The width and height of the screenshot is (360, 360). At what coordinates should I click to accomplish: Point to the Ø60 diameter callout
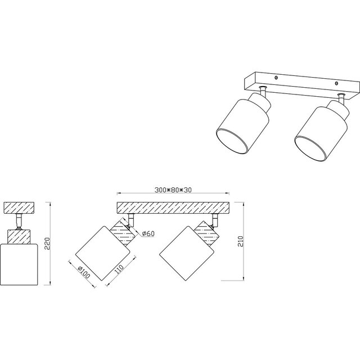[x=147, y=233]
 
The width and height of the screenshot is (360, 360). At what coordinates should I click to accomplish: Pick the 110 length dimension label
[x=119, y=270]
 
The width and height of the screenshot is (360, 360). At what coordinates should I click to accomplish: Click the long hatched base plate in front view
[x=172, y=208]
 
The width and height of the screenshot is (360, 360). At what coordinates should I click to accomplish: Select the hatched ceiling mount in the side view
[x=20, y=208]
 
